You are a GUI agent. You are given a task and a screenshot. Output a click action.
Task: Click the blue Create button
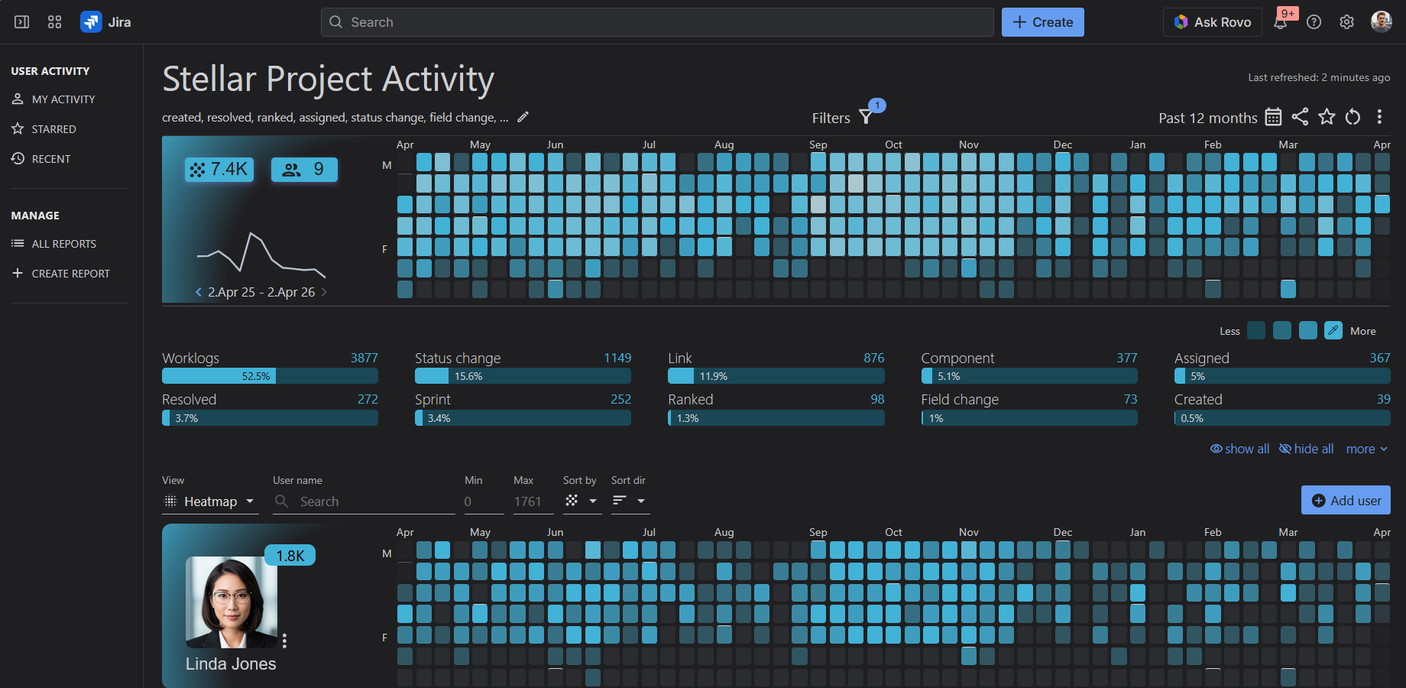coord(1042,22)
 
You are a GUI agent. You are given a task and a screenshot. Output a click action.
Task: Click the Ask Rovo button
coord(1213,22)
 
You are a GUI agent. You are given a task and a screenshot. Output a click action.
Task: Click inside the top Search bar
coord(657,22)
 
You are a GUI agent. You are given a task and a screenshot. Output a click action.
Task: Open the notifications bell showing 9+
coord(1281,22)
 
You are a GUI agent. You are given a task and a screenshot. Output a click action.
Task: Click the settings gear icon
coord(1347,22)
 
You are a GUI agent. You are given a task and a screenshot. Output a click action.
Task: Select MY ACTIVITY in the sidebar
coord(63,99)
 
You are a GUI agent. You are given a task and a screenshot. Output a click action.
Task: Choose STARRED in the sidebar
coord(53,129)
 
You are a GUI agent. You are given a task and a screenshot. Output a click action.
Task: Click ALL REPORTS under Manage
coord(63,244)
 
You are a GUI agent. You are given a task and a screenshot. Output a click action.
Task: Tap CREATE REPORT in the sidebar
coord(70,274)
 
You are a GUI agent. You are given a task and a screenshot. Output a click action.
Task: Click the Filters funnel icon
coord(866,117)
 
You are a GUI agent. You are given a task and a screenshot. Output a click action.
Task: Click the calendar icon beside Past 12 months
coord(1273,117)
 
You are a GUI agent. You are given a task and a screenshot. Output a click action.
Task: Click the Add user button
coord(1346,501)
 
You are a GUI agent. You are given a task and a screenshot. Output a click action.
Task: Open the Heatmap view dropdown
coord(210,501)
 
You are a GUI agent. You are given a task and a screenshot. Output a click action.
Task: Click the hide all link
coord(1307,449)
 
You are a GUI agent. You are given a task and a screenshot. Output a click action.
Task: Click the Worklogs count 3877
coord(364,358)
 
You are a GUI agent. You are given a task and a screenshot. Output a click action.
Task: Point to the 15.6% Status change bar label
coord(468,376)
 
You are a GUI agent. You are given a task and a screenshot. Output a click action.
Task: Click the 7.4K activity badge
coord(219,169)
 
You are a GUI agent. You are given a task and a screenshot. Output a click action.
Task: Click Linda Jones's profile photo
coord(231,602)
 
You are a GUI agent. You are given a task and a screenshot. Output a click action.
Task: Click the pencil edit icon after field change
coord(523,117)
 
